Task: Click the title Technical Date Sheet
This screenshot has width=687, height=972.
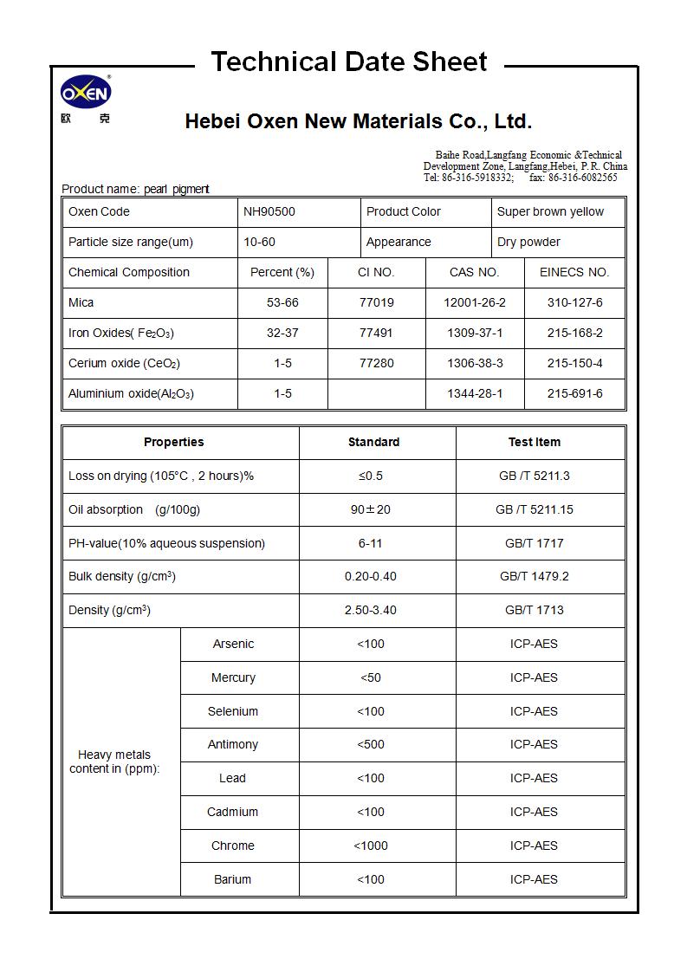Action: tap(349, 62)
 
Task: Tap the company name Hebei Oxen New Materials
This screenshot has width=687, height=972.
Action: tap(358, 121)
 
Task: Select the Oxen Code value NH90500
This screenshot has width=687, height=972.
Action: tap(270, 211)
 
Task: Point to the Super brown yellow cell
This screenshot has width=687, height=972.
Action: tap(550, 211)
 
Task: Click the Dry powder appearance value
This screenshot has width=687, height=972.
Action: tap(528, 242)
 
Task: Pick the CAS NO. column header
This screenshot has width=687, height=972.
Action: tap(474, 272)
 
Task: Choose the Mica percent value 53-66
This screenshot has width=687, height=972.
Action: tap(282, 302)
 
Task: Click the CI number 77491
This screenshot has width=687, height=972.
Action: tap(376, 333)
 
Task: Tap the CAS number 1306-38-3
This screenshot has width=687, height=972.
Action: tap(475, 363)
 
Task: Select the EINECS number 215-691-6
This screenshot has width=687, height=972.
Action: tap(574, 393)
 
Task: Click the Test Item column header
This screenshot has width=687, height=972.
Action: tap(534, 442)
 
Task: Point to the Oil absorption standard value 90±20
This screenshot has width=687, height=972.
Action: tap(371, 509)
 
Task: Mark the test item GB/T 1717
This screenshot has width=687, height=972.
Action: tap(534, 543)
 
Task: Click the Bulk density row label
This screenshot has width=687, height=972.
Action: tap(122, 576)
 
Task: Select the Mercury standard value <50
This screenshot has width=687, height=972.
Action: tap(371, 677)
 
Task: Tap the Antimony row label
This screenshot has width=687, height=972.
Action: tap(232, 744)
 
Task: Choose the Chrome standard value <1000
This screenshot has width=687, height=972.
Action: tap(371, 846)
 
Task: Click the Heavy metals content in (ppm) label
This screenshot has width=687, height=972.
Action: tap(114, 761)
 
